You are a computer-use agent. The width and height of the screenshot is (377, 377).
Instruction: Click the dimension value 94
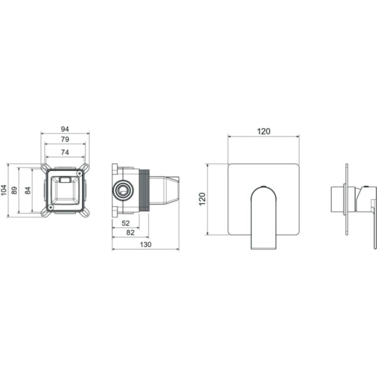(65, 129)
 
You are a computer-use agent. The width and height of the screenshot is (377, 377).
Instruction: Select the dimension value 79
(65, 139)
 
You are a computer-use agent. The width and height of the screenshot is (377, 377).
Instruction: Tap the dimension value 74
(65, 152)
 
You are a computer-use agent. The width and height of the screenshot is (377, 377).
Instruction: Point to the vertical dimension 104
(4, 190)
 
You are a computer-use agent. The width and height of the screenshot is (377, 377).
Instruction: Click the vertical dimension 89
(14, 190)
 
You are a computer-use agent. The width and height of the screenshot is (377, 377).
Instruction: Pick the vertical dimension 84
(28, 190)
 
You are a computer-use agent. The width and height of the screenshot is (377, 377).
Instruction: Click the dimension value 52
(126, 223)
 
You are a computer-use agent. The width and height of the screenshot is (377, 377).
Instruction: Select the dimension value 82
(130, 232)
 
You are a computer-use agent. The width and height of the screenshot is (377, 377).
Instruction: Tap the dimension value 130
(146, 244)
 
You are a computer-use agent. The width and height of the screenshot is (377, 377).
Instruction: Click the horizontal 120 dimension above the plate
(264, 131)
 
